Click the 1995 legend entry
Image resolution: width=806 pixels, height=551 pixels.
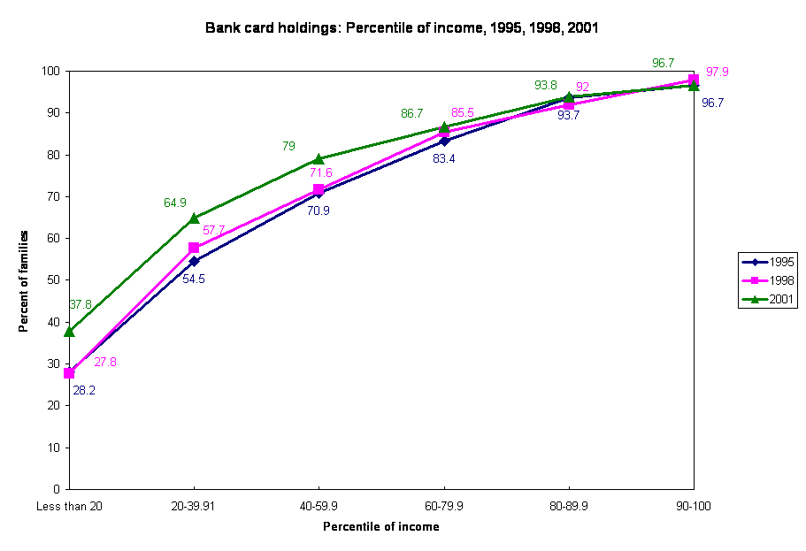[x=768, y=262]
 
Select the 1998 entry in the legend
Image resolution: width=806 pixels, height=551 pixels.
[x=768, y=280]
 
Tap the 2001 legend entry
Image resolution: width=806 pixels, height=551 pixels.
[x=768, y=300]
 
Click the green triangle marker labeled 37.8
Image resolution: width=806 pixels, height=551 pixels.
[x=69, y=331]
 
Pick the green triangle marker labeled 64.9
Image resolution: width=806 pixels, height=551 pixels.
[x=194, y=218]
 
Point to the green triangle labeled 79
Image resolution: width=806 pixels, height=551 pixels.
[x=319, y=159]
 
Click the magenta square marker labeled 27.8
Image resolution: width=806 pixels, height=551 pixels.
[x=69, y=373]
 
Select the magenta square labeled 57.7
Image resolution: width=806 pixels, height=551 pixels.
[x=194, y=248]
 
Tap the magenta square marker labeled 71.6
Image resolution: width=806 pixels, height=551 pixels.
[x=319, y=190]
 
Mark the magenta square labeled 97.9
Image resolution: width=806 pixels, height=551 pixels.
[x=694, y=80]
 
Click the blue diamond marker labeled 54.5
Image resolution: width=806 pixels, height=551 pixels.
[x=194, y=262]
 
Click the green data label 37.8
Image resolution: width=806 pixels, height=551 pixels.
[x=81, y=304]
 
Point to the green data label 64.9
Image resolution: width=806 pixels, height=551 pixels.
[x=175, y=203]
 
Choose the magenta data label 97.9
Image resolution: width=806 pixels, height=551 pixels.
[x=718, y=72]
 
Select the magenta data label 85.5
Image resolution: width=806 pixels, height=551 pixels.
[x=463, y=112]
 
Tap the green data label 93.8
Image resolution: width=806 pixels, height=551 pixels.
[x=546, y=85]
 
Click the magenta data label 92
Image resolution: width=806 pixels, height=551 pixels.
[x=582, y=87]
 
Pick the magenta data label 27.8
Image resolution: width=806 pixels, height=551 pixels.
[x=105, y=362]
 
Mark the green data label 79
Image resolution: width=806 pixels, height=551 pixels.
[x=288, y=146]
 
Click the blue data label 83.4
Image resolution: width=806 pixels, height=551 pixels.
[x=444, y=159]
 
